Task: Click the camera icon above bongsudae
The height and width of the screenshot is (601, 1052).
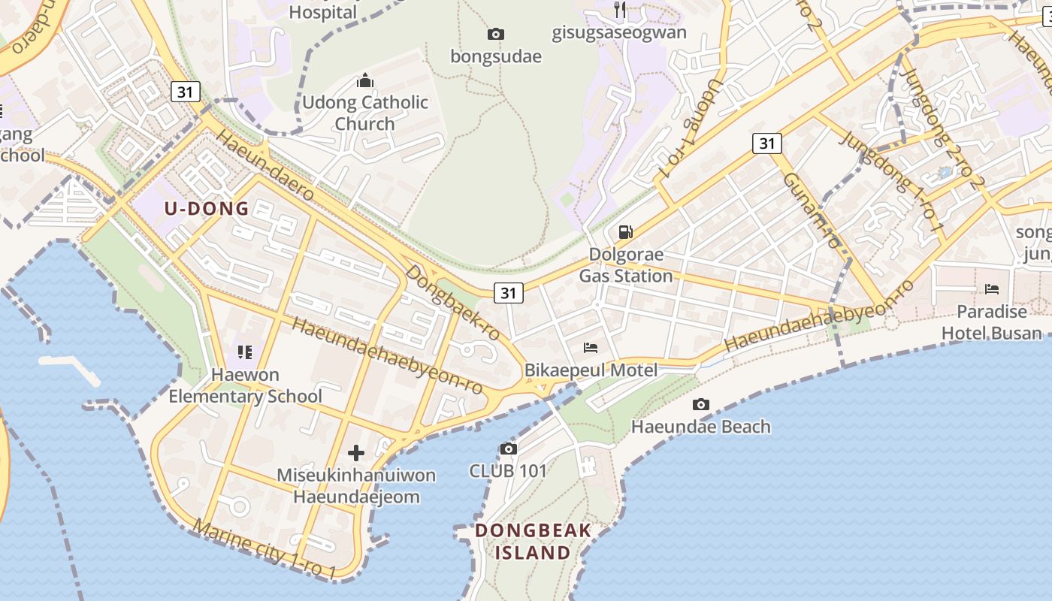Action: (x=496, y=34)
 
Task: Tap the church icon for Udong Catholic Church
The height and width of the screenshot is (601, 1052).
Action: (x=365, y=80)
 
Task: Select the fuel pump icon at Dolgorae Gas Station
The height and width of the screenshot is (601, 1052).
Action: (x=625, y=231)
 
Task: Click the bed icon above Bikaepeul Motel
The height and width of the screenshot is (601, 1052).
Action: (x=591, y=347)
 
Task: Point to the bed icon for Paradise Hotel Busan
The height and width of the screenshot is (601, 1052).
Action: (x=992, y=289)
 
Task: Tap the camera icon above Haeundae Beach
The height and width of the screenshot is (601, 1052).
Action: (x=700, y=405)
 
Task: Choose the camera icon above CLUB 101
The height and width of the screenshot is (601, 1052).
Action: (x=508, y=448)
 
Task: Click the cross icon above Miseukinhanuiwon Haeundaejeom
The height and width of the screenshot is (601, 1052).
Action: (x=356, y=453)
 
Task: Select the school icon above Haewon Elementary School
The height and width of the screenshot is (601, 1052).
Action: (x=244, y=352)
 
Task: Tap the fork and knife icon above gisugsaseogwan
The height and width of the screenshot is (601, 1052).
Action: (x=620, y=10)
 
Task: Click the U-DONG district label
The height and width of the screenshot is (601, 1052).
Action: (x=207, y=209)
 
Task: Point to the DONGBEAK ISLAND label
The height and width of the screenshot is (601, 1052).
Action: (x=533, y=542)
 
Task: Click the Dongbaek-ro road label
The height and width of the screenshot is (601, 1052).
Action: (x=452, y=304)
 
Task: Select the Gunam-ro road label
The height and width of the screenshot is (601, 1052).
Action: (x=810, y=210)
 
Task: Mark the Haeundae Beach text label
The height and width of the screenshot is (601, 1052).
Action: (x=700, y=427)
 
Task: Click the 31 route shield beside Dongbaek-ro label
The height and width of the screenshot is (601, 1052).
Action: (x=509, y=292)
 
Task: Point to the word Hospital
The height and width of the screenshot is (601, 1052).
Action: (x=322, y=12)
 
